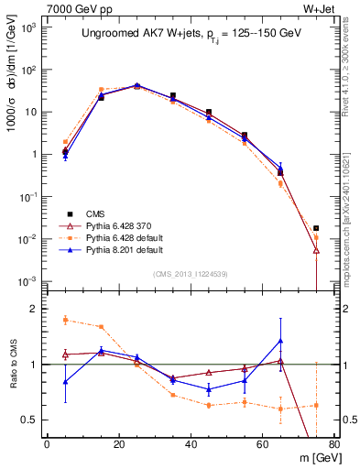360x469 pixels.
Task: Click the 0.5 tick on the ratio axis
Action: (33, 420)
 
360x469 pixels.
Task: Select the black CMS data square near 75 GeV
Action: (316, 228)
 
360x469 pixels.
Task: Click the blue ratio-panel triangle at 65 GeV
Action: (280, 341)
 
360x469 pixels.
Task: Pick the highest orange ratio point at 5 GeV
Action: (65, 320)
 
